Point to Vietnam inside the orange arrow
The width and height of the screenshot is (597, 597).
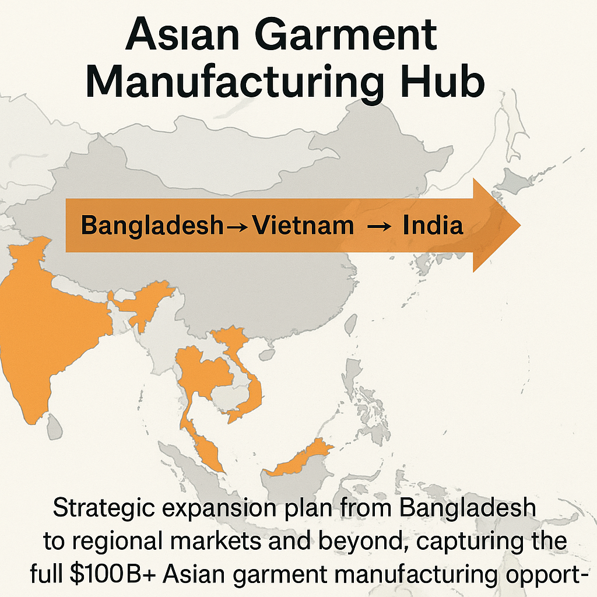pos(303,226)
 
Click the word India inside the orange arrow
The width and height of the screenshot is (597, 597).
pos(433,226)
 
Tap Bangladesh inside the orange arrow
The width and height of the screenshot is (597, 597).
pos(152,226)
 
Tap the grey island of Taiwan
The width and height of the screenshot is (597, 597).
pos(352,324)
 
